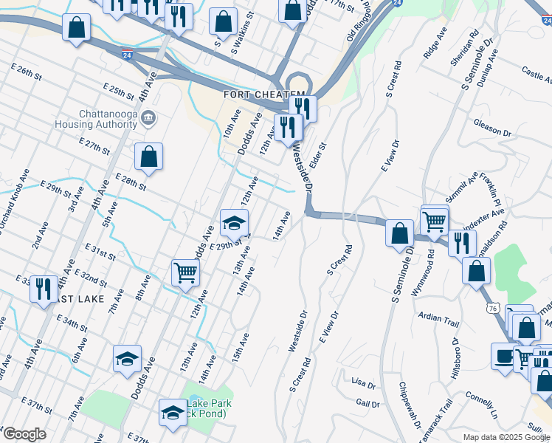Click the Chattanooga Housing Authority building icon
coord(148,117)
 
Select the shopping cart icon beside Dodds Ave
coord(185,272)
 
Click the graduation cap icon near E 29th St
coord(234,222)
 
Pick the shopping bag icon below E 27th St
coord(148,157)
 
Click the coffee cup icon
coord(506,355)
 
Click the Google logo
coord(24,434)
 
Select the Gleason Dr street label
coord(492,127)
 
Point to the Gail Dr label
coord(367,403)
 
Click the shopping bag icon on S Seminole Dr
coord(399,233)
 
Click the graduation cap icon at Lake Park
coord(173,413)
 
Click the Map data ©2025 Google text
coord(506,437)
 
